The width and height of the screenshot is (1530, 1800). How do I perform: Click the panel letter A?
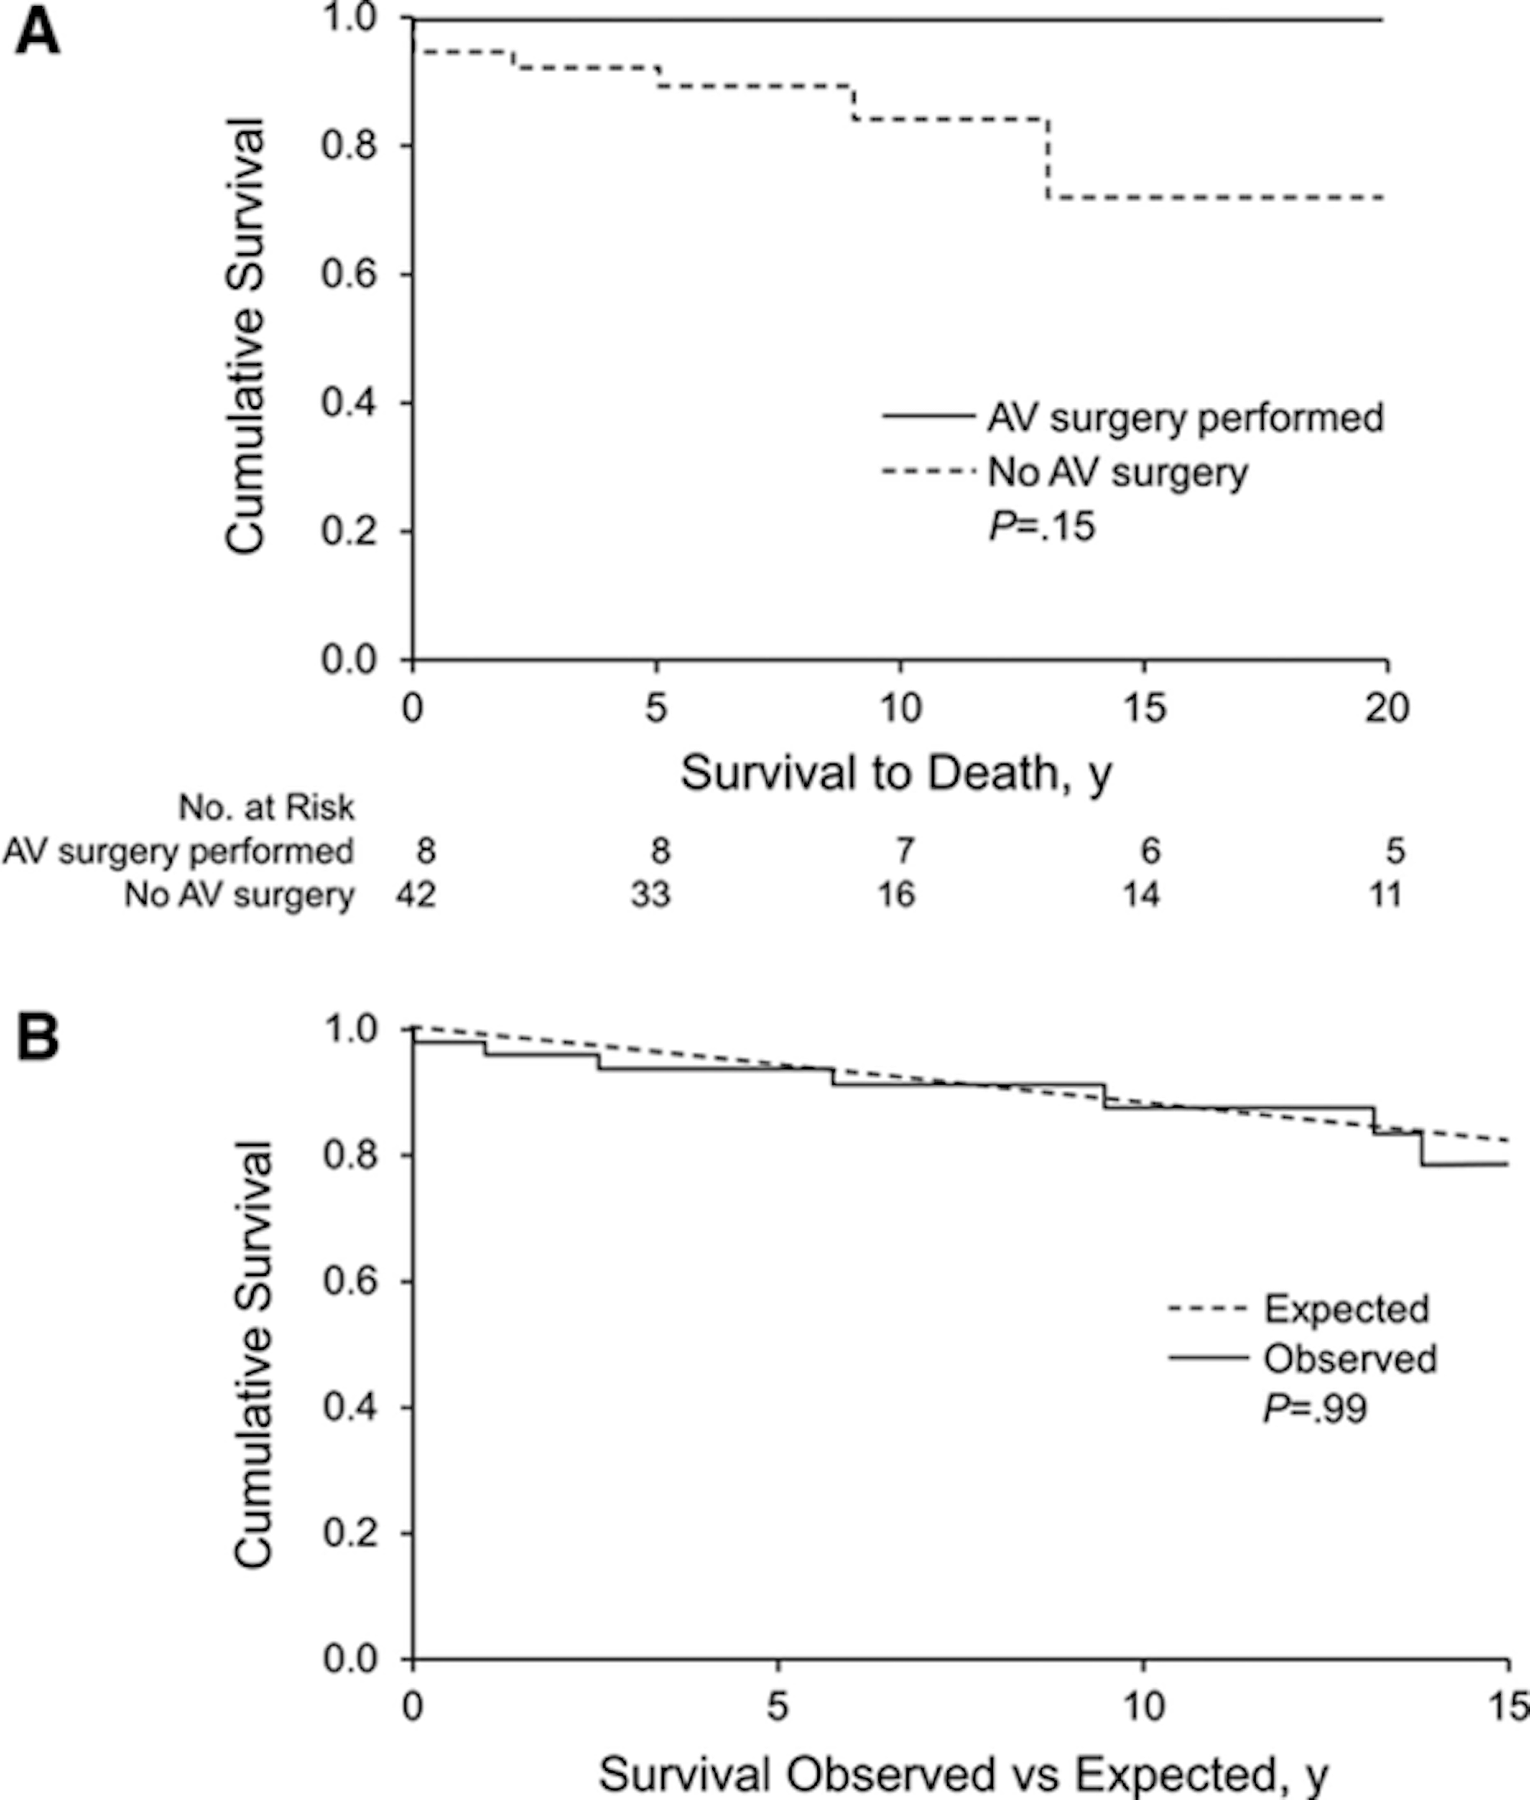click(37, 35)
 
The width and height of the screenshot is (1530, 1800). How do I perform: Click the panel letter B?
click(37, 1037)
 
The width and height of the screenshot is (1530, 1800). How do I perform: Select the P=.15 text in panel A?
click(1042, 526)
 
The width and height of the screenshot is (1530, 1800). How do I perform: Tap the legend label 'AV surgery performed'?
click(1185, 418)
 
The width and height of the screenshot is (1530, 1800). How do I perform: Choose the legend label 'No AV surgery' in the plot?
click(1117, 473)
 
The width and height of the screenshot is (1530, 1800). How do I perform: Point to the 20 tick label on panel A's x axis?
click(1386, 708)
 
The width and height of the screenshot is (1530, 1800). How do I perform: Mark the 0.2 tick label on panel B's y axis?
click(350, 1534)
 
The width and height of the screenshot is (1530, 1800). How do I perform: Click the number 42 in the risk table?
click(415, 893)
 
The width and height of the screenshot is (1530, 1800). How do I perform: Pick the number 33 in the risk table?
click(650, 893)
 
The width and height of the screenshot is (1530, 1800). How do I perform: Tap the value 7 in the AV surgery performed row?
click(905, 851)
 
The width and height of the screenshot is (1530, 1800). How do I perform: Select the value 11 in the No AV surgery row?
click(1385, 893)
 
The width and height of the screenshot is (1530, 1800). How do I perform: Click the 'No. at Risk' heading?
click(266, 808)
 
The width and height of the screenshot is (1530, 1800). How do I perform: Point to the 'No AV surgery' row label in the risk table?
click(239, 894)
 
